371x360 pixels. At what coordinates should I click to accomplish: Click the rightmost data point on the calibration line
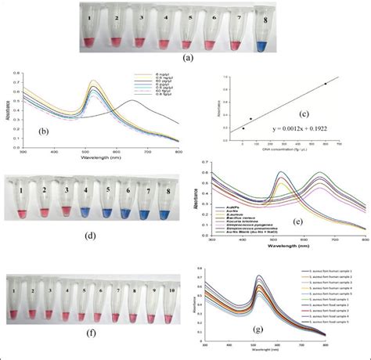coord(325,84)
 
